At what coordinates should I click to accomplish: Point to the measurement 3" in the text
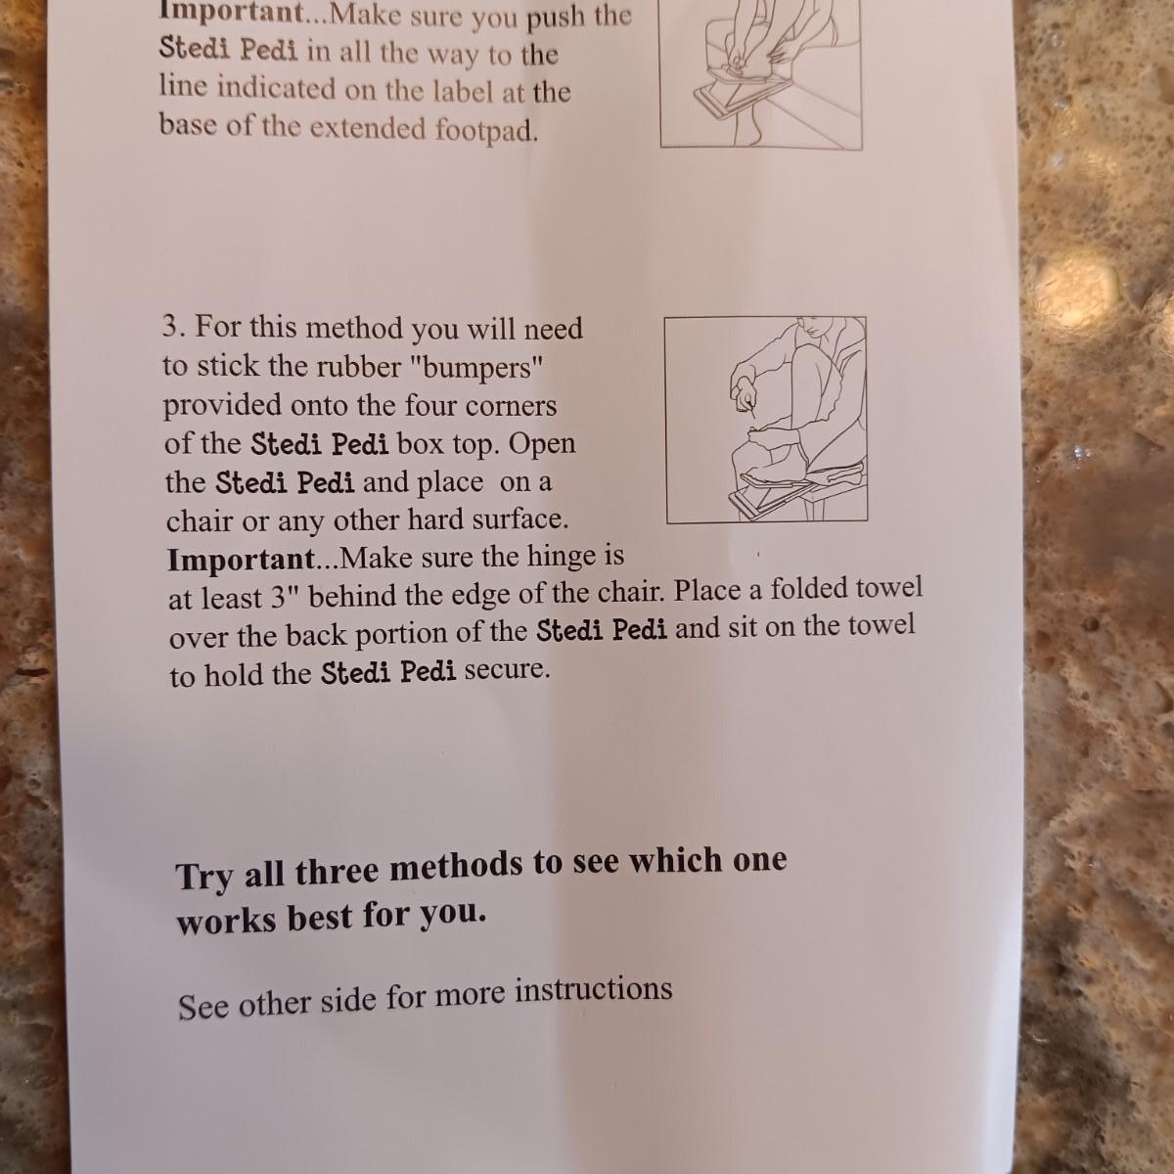(282, 597)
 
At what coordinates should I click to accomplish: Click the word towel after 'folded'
(889, 589)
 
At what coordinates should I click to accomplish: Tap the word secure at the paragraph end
(507, 670)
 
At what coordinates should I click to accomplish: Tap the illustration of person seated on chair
(766, 420)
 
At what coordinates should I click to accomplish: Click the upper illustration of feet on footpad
(761, 73)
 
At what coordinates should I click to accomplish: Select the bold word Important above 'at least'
(241, 560)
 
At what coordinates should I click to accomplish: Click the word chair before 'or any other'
(198, 521)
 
